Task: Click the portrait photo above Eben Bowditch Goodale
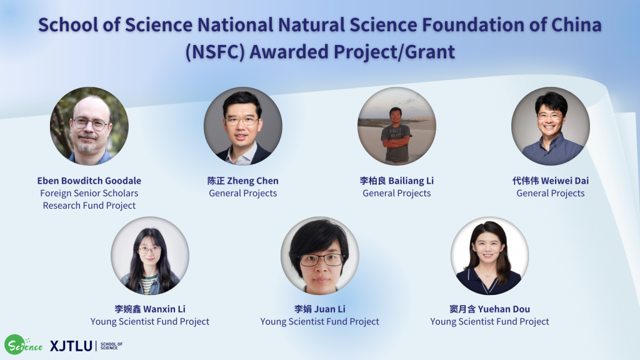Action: [x=89, y=126]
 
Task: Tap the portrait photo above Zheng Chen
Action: [x=243, y=126]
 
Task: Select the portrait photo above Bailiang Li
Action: [x=397, y=126]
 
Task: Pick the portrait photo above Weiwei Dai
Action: [x=551, y=126]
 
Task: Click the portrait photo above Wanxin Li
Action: [x=150, y=256]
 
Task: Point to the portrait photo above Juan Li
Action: [x=320, y=256]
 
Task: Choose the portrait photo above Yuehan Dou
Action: [x=490, y=256]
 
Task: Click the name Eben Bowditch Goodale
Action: [x=89, y=181]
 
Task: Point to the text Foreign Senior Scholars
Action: [x=89, y=194]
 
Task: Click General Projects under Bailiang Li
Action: [x=397, y=194]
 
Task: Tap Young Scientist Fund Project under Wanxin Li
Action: [x=150, y=322]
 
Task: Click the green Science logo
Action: [x=23, y=345]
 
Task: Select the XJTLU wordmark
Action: [x=71, y=346]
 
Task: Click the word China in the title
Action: [x=576, y=25]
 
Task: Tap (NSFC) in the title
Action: [x=215, y=52]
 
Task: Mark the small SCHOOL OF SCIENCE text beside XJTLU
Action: [x=111, y=346]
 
